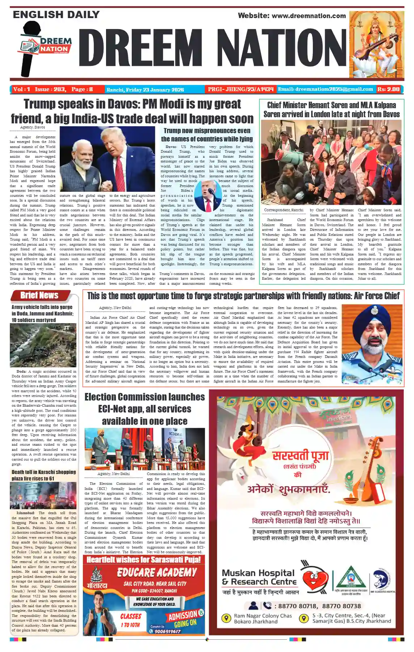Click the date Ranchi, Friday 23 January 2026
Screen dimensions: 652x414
click(x=145, y=89)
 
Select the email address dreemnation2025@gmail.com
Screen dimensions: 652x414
click(x=325, y=89)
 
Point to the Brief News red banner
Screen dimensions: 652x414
click(x=39, y=296)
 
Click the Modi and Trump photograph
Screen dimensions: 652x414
click(x=107, y=159)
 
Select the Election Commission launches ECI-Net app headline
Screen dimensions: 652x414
click(x=145, y=409)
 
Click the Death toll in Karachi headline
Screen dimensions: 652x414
click(x=43, y=475)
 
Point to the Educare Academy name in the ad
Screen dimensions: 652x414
click(x=157, y=572)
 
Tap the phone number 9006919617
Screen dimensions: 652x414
click(x=168, y=631)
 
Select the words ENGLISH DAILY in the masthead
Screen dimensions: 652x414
click(x=56, y=15)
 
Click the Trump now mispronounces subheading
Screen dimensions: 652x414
click(x=207, y=135)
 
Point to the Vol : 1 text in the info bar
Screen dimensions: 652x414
click(x=21, y=89)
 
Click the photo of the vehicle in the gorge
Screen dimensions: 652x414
click(x=43, y=345)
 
